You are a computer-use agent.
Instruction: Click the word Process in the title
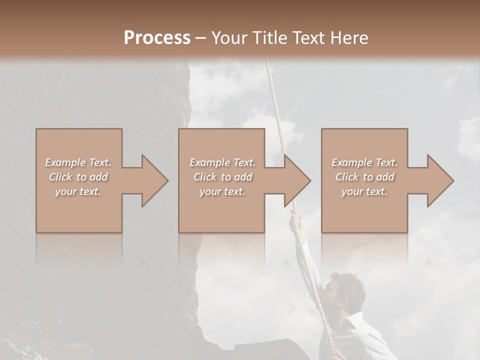pyautogui.click(x=157, y=38)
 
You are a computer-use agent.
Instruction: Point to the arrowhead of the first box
pyautogui.click(x=154, y=180)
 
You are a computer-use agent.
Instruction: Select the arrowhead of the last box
pyautogui.click(x=440, y=180)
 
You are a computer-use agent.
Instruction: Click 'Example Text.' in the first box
pyautogui.click(x=78, y=162)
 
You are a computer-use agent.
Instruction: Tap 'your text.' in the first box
pyautogui.click(x=78, y=191)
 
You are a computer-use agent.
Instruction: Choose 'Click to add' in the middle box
pyautogui.click(x=222, y=177)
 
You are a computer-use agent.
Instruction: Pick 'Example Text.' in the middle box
pyautogui.click(x=222, y=162)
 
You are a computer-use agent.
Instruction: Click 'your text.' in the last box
pyautogui.click(x=364, y=191)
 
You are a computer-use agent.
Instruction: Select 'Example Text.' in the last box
pyautogui.click(x=364, y=162)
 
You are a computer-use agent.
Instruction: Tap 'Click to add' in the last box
pyautogui.click(x=364, y=177)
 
